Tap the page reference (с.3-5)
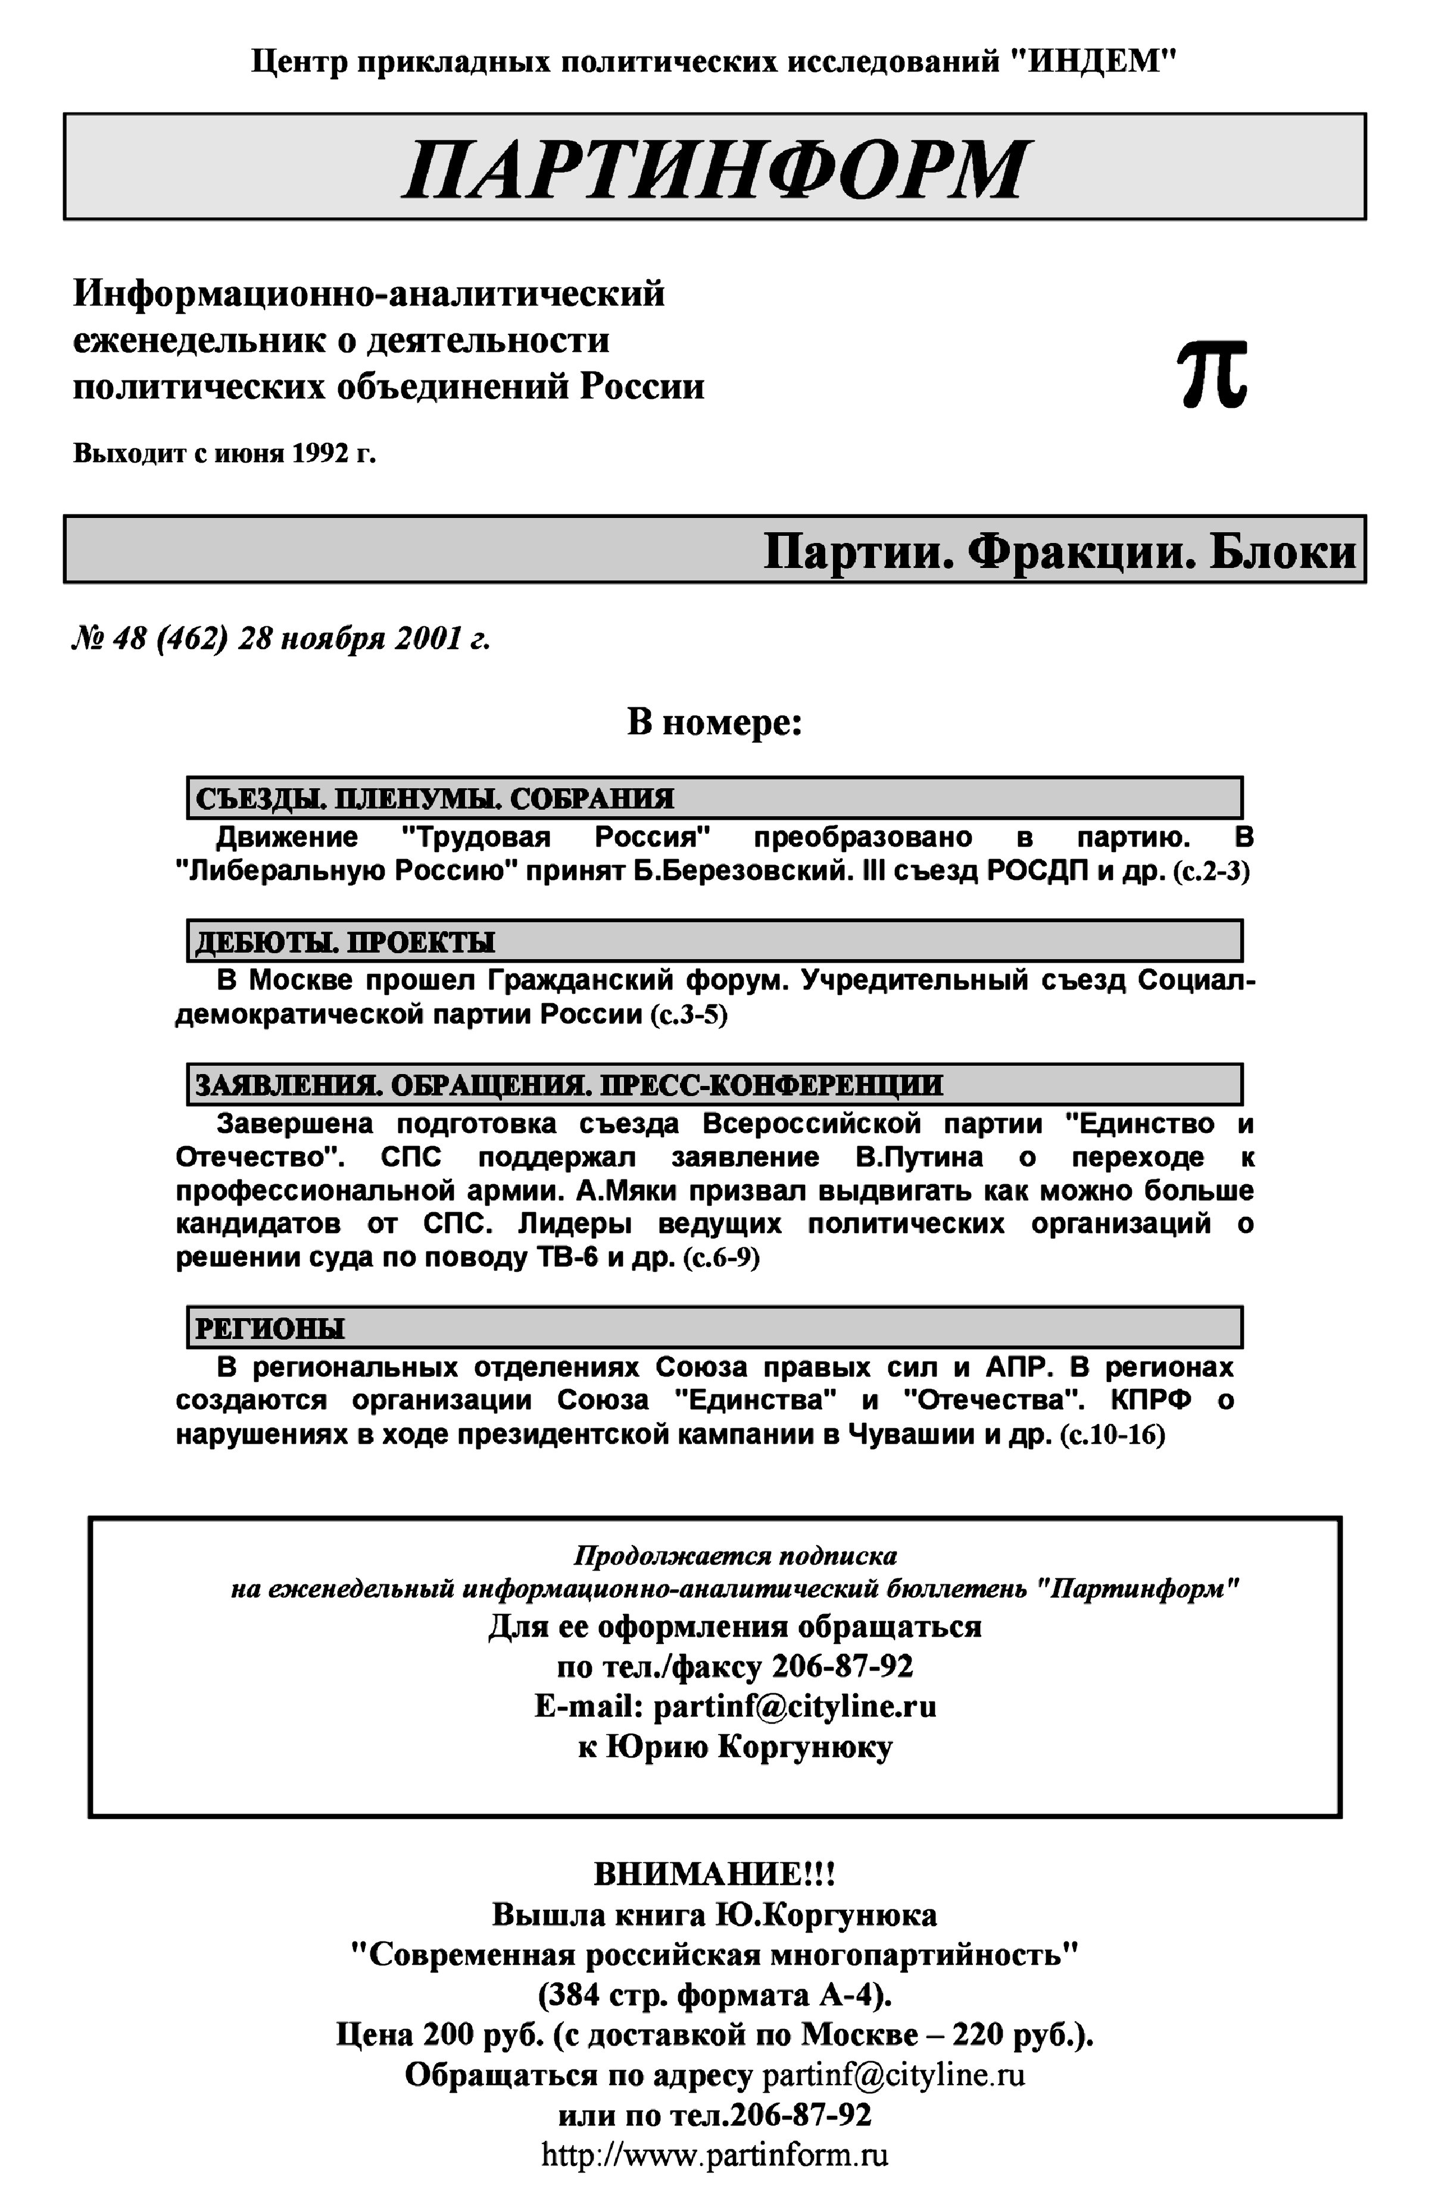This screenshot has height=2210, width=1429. click(688, 1015)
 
